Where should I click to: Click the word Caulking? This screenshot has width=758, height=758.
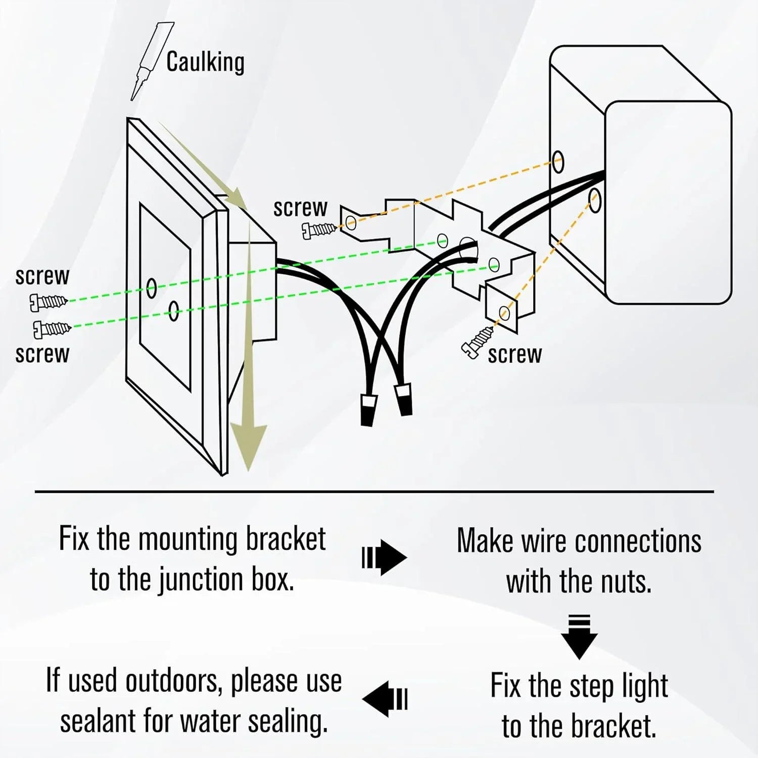[x=205, y=62]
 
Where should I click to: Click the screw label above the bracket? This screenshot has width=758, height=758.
[x=300, y=208]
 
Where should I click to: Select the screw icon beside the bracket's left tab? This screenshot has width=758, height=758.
[x=319, y=230]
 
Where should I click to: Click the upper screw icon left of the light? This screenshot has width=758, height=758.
[x=48, y=302]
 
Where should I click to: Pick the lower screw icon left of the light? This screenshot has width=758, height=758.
[x=52, y=329]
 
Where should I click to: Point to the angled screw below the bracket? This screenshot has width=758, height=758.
[x=478, y=343]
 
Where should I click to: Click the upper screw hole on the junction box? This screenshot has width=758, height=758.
[x=558, y=162]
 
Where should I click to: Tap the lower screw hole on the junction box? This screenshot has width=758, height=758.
[x=595, y=200]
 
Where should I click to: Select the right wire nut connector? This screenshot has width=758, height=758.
[x=404, y=399]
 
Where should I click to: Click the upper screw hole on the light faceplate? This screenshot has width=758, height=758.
[x=151, y=289]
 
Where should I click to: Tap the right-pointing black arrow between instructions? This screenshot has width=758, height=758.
[x=385, y=557]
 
